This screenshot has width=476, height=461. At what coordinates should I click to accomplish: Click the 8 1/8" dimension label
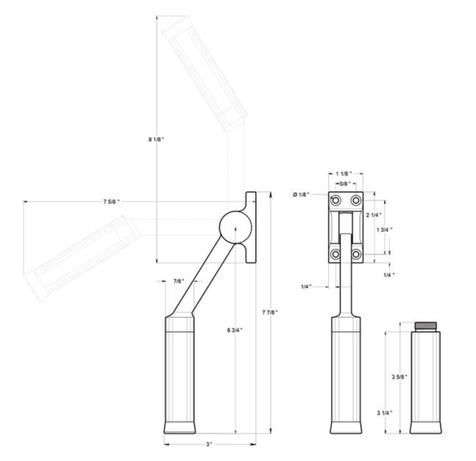156,139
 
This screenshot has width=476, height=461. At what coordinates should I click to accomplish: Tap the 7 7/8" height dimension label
270,312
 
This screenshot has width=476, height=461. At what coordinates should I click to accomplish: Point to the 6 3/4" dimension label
235,330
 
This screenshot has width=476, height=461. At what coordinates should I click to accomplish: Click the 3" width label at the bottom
209,444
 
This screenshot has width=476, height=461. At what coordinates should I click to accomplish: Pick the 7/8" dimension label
179,281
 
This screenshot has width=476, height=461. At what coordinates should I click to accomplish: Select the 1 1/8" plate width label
344,174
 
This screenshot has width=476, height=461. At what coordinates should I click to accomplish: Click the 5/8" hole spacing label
345,184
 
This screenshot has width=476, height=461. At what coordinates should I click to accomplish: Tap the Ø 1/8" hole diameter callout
301,195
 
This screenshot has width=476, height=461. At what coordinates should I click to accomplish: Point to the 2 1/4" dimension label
374,215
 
